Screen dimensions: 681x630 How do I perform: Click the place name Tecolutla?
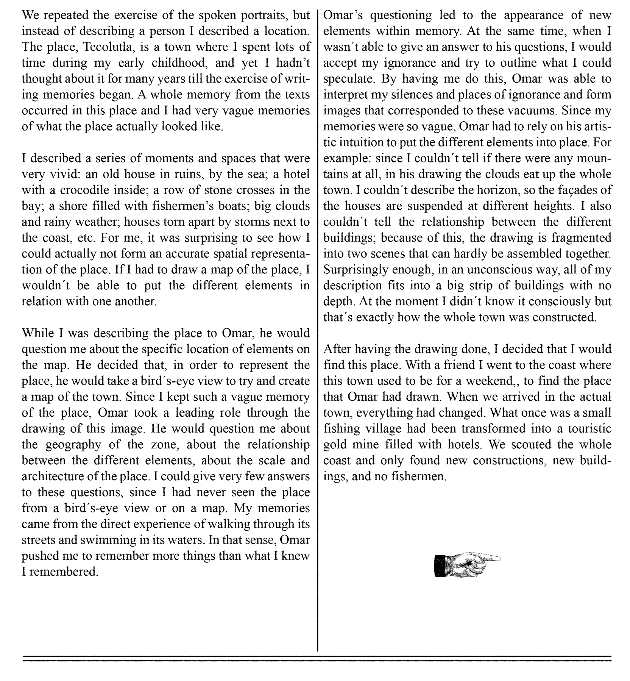pos(109,47)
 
